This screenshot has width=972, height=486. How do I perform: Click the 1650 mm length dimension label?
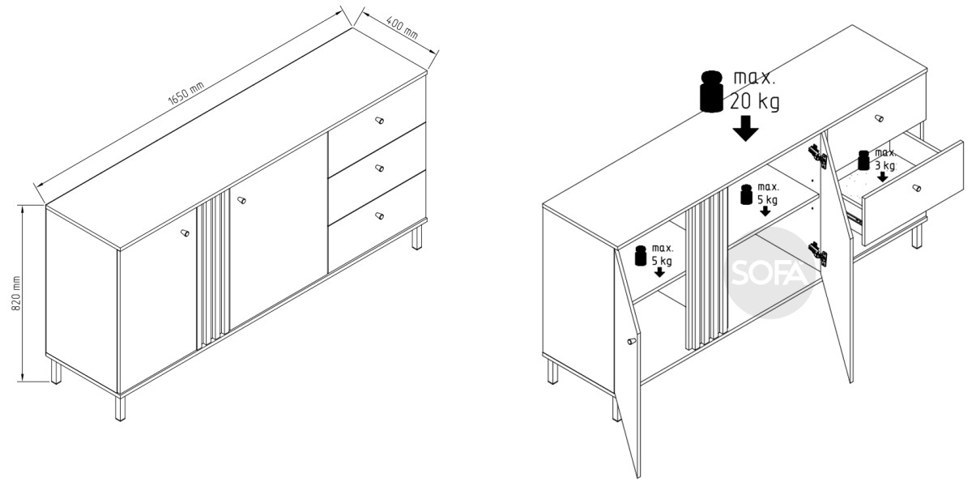[x=185, y=94]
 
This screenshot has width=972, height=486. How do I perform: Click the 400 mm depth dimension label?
[x=403, y=28]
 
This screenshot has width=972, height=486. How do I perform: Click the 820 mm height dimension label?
[x=15, y=293]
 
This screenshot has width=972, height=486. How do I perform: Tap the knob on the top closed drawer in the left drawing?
[x=380, y=120]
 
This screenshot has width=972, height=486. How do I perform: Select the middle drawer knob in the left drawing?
[x=380, y=168]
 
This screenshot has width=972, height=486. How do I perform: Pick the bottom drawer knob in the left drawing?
[x=380, y=215]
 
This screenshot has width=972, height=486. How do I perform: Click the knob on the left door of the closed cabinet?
[x=185, y=232]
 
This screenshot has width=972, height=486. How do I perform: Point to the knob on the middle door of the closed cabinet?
[x=241, y=200]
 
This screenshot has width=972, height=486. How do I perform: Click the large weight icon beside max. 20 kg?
[x=712, y=92]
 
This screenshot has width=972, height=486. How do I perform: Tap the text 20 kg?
[x=755, y=102]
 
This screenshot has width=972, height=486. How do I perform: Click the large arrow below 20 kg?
[x=745, y=129]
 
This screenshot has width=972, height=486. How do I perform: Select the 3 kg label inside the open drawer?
[x=885, y=165]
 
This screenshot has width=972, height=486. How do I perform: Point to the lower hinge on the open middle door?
[x=818, y=254]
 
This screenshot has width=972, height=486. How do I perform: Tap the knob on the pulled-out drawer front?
[x=916, y=188]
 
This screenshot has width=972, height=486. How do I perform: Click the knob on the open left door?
[x=632, y=342]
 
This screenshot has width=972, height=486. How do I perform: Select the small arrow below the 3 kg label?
[x=882, y=177]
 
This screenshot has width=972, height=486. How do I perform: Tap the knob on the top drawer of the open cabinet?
[x=879, y=118]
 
